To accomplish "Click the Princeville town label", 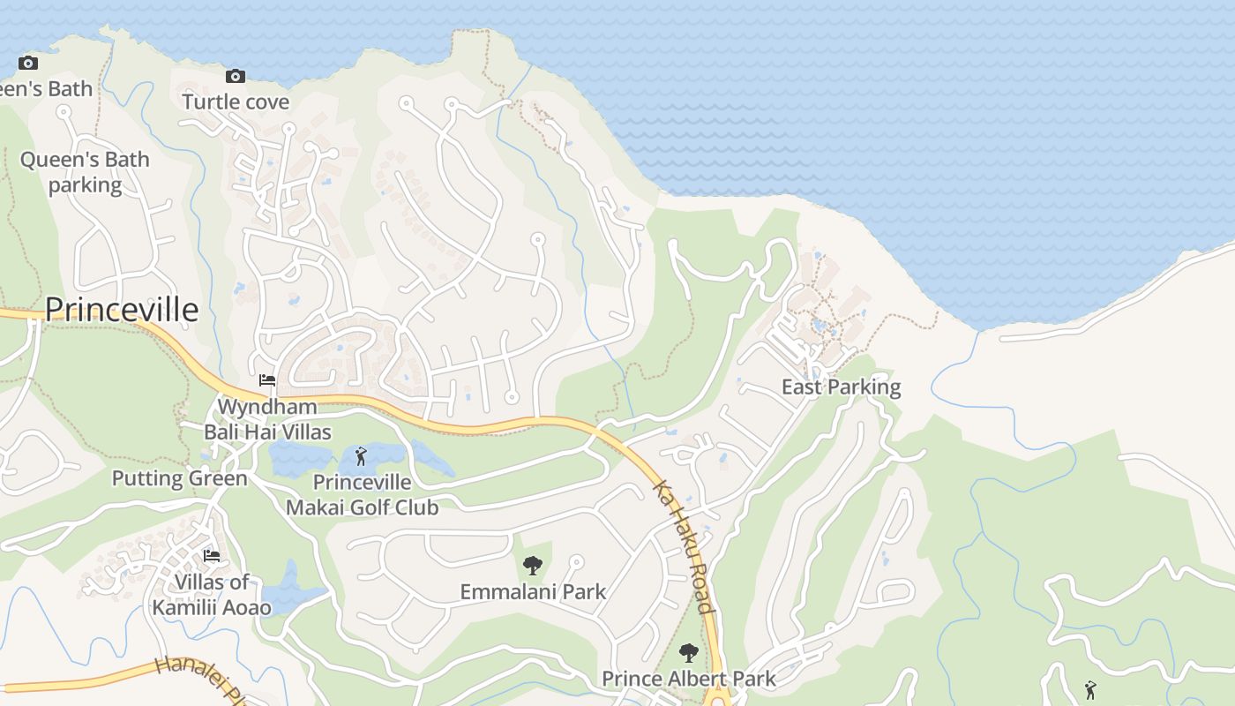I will point(122,310).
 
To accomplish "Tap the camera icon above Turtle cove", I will point(236,76).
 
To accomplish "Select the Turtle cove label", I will point(236,102).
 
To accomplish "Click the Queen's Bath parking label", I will point(85,172).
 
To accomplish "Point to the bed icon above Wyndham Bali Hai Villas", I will point(267,380).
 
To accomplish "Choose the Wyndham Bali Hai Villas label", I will point(267,419).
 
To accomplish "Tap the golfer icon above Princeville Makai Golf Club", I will point(361,456).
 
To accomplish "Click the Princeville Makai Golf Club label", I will point(362,495).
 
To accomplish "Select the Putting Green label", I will point(179,478).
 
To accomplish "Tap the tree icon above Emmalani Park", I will point(532,565).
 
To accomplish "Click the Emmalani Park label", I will point(533,591).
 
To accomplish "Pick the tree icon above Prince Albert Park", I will point(689,653).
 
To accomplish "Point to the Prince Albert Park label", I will point(689,679).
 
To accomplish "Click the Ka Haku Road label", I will point(682,546).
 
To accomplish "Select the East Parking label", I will point(841,387).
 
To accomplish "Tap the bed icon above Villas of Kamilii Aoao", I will point(212,556).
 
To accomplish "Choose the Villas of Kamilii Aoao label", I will point(212,595).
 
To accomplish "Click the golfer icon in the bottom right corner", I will point(1090,689).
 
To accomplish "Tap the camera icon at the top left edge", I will point(28,63).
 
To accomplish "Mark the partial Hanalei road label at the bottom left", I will point(198,680).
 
